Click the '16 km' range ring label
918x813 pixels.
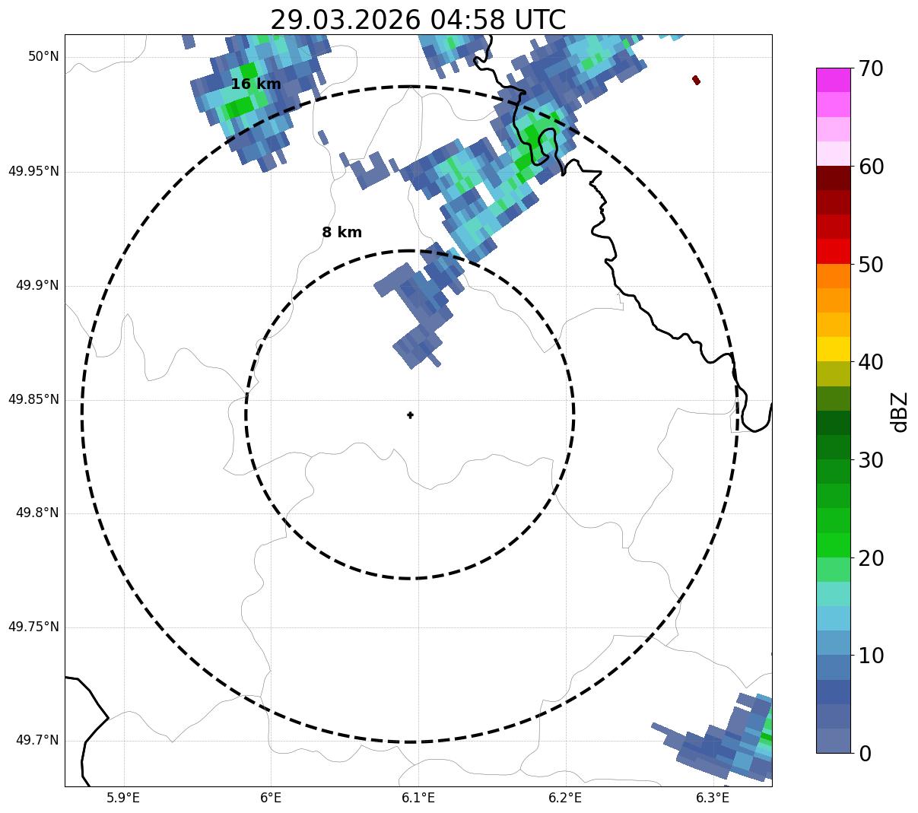(256, 84)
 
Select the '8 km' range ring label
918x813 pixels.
(341, 233)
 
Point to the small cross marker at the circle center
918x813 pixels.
(410, 415)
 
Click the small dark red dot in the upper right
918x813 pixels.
(696, 80)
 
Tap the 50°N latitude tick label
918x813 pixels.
(43, 57)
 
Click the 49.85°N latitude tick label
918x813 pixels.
(33, 399)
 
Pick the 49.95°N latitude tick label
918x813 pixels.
(33, 171)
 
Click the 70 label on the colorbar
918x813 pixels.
(871, 69)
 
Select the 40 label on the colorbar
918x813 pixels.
(871, 362)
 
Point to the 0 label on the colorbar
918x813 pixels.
(865, 754)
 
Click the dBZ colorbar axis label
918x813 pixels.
(900, 411)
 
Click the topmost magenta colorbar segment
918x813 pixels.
(834, 80)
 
